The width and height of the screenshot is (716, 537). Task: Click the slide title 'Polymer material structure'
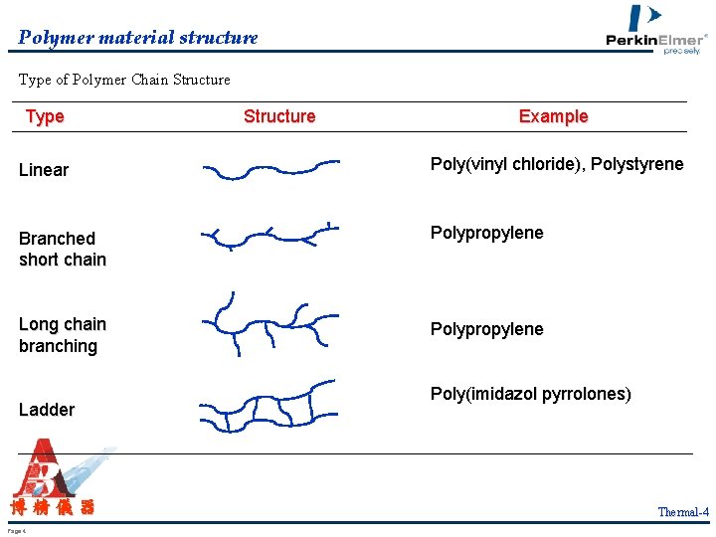138,38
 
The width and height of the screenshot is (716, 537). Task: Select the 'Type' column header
45,116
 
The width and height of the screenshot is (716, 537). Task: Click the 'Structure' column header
279,116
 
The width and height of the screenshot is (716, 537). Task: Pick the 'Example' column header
553,116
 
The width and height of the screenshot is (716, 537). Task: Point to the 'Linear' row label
44,170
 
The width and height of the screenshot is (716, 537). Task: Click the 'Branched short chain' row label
62,249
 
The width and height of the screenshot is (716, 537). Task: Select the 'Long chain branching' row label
62,335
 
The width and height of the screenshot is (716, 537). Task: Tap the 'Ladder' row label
47,410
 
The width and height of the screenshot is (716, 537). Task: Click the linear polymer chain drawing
270,170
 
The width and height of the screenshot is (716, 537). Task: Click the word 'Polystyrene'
637,164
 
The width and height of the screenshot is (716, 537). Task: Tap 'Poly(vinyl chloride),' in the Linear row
507,164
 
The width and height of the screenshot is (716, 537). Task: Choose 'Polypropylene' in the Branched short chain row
486,233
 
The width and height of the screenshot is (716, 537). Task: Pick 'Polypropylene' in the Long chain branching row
486,329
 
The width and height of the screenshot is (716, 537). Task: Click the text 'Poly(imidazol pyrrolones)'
530,394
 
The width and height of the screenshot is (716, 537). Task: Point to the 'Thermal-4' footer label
683,512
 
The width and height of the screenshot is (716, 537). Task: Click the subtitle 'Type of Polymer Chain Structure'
124,80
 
